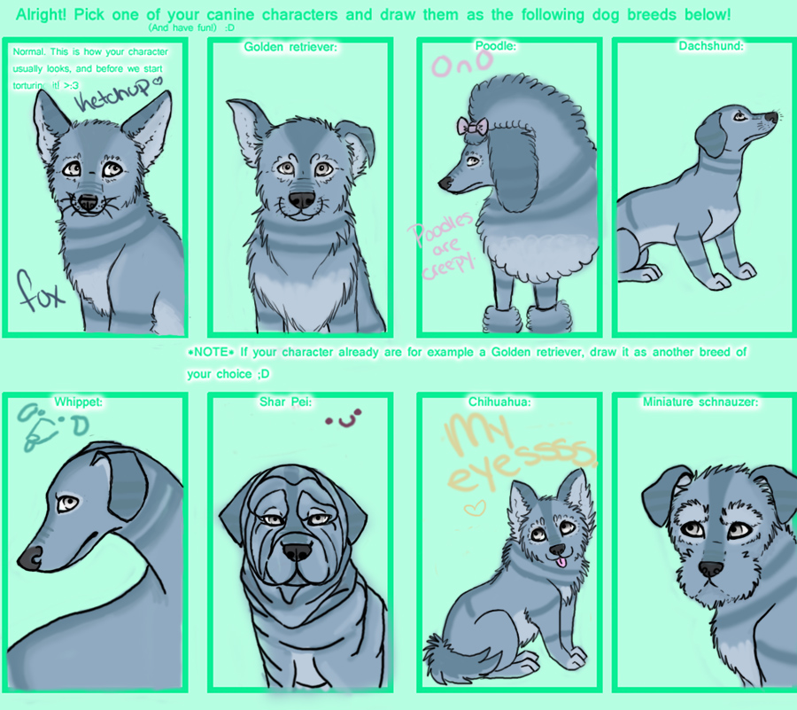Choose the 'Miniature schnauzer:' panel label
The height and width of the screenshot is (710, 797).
click(x=700, y=402)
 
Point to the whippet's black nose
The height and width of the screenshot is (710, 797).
click(x=29, y=557)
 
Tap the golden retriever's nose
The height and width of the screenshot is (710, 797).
click(x=300, y=199)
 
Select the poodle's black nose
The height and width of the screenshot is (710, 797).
click(x=445, y=183)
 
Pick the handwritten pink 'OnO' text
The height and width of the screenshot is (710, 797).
click(x=454, y=65)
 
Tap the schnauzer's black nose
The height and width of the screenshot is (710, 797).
click(x=710, y=568)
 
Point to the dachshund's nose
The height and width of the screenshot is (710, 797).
click(x=772, y=116)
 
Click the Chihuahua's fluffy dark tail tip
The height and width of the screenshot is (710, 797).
click(x=437, y=642)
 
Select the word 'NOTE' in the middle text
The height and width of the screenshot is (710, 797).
click(x=213, y=352)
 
